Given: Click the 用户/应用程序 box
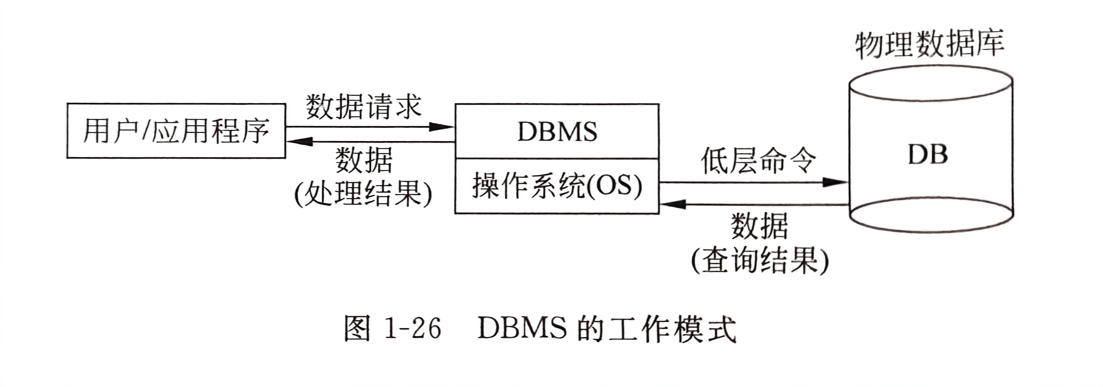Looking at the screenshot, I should point(175,131).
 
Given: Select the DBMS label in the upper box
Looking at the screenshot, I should point(557,132).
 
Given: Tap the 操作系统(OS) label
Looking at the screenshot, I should point(557,186).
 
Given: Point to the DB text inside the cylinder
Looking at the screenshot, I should point(928,154).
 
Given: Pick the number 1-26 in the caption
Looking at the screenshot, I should point(413,329).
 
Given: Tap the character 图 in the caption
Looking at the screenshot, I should point(357,329).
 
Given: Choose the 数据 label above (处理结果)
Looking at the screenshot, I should point(364,160).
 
